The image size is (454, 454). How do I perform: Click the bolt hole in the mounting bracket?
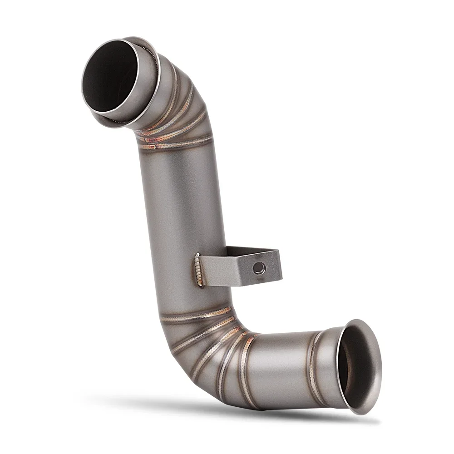259,267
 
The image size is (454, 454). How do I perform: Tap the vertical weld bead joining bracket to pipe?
198,270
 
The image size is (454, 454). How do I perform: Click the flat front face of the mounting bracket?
236,270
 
